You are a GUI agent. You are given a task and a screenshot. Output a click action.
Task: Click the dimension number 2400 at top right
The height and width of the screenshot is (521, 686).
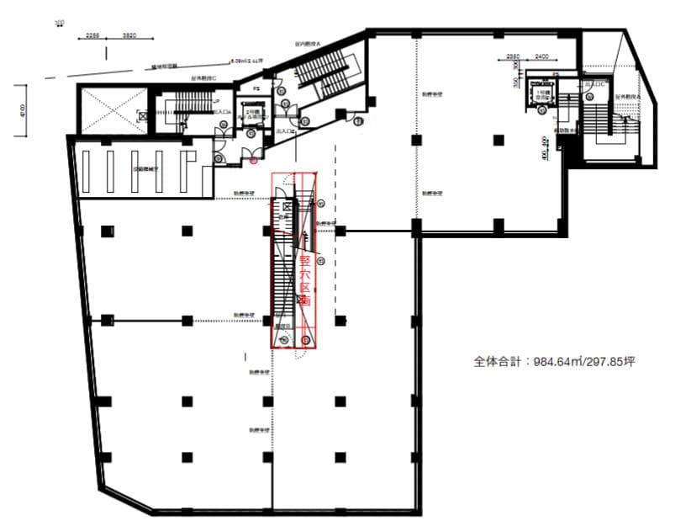[541, 57]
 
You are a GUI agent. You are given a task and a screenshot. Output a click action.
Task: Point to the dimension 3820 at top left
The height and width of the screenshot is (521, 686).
[129, 35]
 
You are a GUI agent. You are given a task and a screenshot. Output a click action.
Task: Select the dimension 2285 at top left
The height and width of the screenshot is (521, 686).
[94, 35]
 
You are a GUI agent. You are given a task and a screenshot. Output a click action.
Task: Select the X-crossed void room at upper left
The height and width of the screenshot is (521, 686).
[112, 109]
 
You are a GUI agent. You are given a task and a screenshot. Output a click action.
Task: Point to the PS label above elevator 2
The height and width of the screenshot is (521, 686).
[256, 88]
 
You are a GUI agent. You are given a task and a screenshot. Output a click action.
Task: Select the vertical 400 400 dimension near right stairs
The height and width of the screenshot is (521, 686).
[546, 147]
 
